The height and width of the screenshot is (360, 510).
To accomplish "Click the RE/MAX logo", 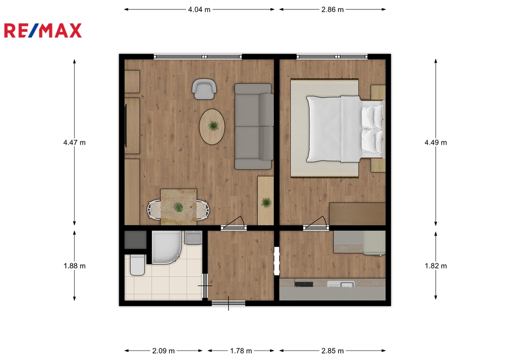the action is pos(43,30).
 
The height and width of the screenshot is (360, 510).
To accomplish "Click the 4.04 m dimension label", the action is pos(199,9).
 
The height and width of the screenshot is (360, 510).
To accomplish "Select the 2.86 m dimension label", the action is pos(332,9).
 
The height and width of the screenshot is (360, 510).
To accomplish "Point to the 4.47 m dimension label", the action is pos(75,142).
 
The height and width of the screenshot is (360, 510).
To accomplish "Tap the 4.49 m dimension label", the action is pos(435,142).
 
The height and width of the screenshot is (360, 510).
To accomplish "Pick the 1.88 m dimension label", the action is pos(75,266).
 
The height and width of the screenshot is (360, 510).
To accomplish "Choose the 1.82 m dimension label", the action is pos(435,266).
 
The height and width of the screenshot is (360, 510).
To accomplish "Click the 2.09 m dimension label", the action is pos(163,351).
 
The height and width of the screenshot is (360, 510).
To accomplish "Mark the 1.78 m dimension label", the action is pos(241,351).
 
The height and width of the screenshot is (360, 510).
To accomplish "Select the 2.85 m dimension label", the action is pos(332,351).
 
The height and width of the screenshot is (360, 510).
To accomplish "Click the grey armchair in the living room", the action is pos(204,89).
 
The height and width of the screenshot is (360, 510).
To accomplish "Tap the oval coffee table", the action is pos(212,126).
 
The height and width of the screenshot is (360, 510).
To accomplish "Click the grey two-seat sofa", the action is pos(254,126).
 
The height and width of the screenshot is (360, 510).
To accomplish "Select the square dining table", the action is pos(179,207).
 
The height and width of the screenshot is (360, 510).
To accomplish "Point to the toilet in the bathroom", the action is pos(137,265).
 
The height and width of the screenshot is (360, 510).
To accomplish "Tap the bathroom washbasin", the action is pos(193,238).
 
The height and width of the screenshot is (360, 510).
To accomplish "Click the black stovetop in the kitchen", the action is pos(303,284).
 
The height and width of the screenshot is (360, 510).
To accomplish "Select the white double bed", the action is pos(345,129).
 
